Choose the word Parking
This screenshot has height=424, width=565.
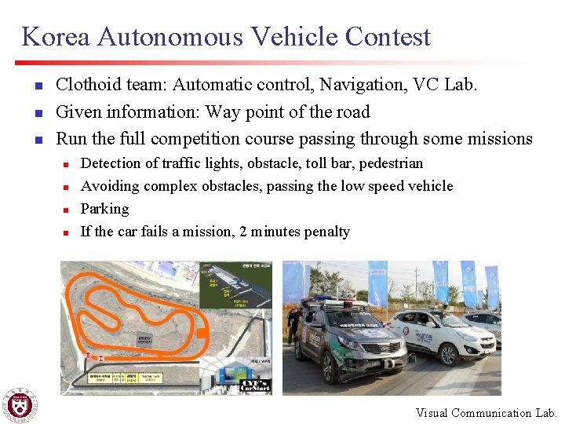coord(104,209)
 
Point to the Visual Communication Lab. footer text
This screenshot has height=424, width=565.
coord(486,413)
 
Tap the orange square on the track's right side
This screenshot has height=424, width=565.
coord(203,333)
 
